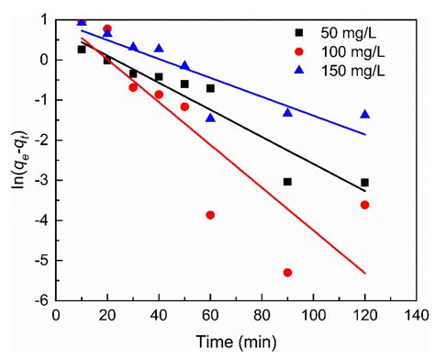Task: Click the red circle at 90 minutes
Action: coord(287,273)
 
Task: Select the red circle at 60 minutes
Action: coord(210,215)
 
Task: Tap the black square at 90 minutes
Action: coord(287,182)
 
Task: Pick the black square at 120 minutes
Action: coord(364,183)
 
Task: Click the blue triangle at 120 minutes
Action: coord(364,114)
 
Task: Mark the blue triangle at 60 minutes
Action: coord(210,118)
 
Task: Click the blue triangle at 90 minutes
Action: coord(287,112)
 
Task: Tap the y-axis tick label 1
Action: coord(44,19)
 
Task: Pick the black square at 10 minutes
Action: coord(82,50)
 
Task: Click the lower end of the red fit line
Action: coord(364,273)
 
